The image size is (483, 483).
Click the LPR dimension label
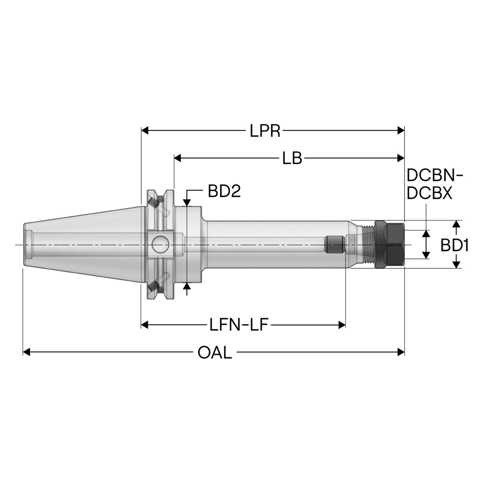(265, 131)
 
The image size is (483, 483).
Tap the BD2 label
(224, 191)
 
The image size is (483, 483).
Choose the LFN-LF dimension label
(239, 325)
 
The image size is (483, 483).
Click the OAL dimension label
(215, 352)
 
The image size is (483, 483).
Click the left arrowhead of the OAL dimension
(26, 352)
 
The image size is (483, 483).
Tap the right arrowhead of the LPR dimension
(401, 130)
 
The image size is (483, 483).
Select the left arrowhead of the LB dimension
(178, 158)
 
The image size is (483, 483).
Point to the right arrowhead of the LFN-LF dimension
(342, 325)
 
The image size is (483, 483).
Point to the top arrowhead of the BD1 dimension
(457, 224)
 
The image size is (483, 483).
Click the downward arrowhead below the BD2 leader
(187, 202)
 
